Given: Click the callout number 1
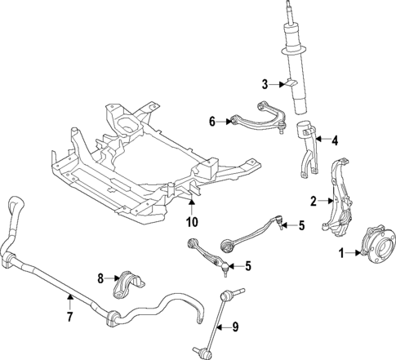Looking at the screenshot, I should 343,255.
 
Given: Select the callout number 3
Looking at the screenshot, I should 265,84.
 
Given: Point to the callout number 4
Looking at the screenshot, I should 334,139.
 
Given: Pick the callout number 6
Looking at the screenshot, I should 211,122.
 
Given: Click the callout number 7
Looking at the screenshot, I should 70,316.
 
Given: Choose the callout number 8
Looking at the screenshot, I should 101,278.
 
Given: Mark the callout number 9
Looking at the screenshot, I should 235,327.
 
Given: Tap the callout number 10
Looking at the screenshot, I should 192,222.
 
